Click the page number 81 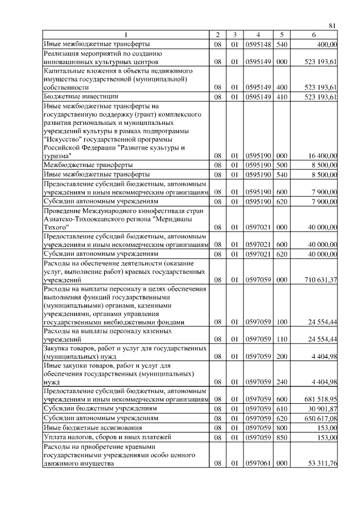332,25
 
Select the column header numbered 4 256,35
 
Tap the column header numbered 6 314,35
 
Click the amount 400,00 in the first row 327,43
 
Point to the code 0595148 256,43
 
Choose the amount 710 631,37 319,280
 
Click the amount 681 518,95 319,399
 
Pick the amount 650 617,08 319,418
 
